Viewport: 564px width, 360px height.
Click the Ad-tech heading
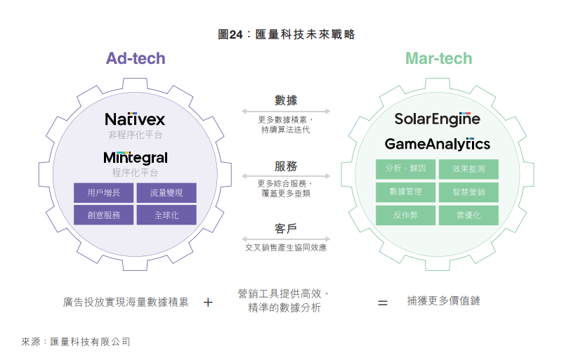pyautogui.click(x=136, y=58)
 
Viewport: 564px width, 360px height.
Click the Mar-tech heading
pyautogui.click(x=438, y=58)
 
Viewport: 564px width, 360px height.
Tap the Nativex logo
pyautogui.click(x=135, y=119)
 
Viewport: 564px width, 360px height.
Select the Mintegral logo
pyautogui.click(x=135, y=157)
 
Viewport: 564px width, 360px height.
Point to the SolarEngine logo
pyautogui.click(x=437, y=119)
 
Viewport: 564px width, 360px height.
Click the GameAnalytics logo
pyautogui.click(x=437, y=144)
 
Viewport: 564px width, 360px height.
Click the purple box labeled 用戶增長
pyautogui.click(x=103, y=192)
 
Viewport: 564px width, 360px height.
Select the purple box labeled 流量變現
pyautogui.click(x=166, y=192)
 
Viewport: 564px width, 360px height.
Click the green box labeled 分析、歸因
pyautogui.click(x=405, y=169)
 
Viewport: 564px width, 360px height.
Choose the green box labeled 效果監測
pyautogui.click(x=468, y=169)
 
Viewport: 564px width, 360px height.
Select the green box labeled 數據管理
pyautogui.click(x=405, y=192)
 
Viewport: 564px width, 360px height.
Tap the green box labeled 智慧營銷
pyautogui.click(x=468, y=192)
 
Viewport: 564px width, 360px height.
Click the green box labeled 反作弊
pyautogui.click(x=405, y=215)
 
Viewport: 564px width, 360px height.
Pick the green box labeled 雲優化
pyautogui.click(x=468, y=215)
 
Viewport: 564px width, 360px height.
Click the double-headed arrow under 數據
pyautogui.click(x=286, y=111)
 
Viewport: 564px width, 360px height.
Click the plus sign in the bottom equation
pyautogui.click(x=208, y=302)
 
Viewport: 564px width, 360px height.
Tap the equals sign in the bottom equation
pyautogui.click(x=383, y=302)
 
